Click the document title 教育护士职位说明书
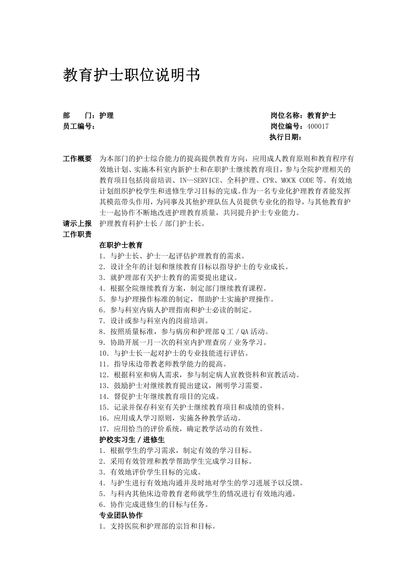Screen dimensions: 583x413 [132, 75]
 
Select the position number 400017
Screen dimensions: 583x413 [318, 126]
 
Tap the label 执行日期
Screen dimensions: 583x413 [285, 137]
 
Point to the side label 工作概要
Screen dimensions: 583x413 [77, 159]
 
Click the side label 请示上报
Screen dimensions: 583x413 [77, 223]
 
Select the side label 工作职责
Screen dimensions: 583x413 [77, 234]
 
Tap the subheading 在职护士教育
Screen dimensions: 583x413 [121, 245]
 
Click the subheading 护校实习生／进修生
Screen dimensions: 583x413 [132, 440]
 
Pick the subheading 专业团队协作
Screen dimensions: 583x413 [121, 515]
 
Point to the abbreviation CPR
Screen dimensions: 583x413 [268, 181]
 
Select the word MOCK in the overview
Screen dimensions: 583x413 [288, 181]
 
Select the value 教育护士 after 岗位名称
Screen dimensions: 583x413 [321, 115]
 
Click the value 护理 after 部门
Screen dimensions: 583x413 [107, 115]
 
